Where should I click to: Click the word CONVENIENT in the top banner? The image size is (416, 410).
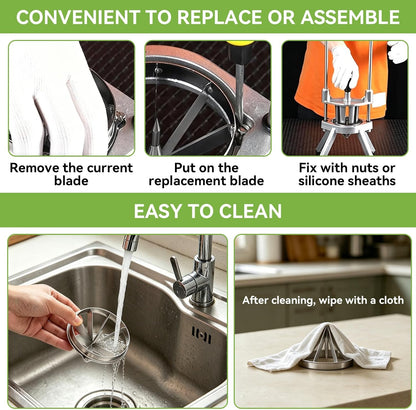click(78, 17)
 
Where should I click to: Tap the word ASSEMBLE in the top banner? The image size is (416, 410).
click(350, 17)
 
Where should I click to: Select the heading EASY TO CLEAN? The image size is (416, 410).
click(208, 211)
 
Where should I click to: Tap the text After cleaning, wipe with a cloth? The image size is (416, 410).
click(323, 300)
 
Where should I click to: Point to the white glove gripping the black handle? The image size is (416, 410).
click(344, 68)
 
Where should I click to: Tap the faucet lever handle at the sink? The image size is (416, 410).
click(176, 270)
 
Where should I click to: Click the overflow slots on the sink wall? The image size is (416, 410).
click(201, 335)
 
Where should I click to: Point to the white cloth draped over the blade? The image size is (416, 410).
click(320, 347)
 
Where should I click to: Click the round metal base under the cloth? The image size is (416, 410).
click(325, 364)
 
